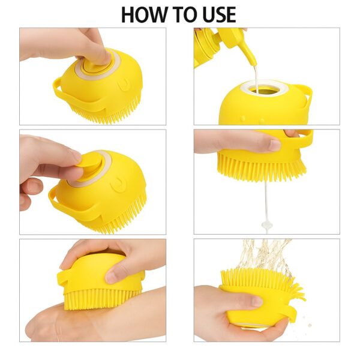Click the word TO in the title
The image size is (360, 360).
(180, 14)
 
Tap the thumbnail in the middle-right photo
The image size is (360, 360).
(274, 145)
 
